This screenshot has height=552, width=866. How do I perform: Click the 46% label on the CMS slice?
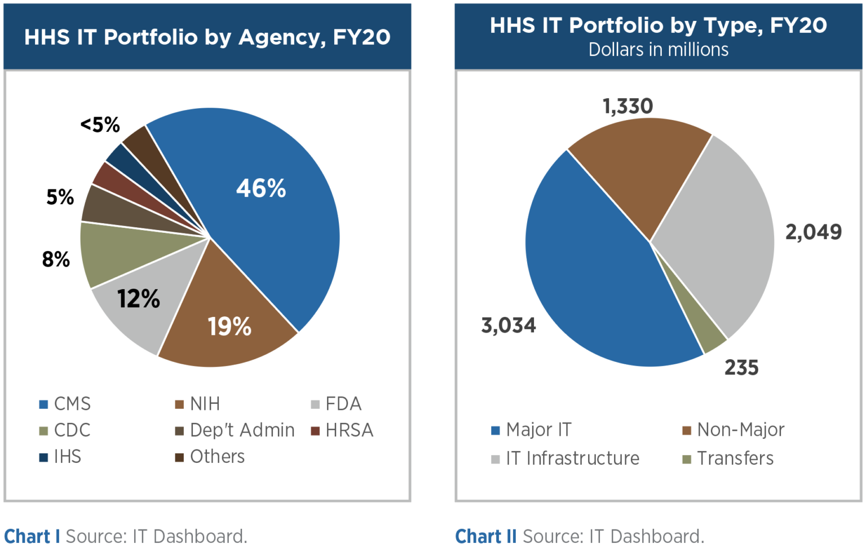[x=260, y=188]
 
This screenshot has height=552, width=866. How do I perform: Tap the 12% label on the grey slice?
[x=138, y=299]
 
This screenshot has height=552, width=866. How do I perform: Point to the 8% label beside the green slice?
[x=56, y=259]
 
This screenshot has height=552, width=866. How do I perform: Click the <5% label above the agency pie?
[x=100, y=125]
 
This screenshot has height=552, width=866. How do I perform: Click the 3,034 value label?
[x=508, y=325]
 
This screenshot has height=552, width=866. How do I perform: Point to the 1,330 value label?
[x=628, y=106]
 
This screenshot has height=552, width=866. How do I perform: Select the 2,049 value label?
[x=813, y=232]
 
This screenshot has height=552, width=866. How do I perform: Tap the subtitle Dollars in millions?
[x=658, y=50]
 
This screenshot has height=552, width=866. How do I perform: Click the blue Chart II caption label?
[x=485, y=536]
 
